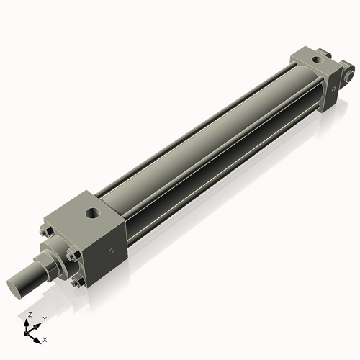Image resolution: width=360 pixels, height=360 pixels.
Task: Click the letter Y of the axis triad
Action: tap(44, 318)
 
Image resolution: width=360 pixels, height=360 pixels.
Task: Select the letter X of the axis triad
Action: tap(45, 338)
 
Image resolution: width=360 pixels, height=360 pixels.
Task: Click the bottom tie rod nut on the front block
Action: tap(76, 282)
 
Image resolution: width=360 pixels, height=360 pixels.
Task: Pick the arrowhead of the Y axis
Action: tap(39, 323)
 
